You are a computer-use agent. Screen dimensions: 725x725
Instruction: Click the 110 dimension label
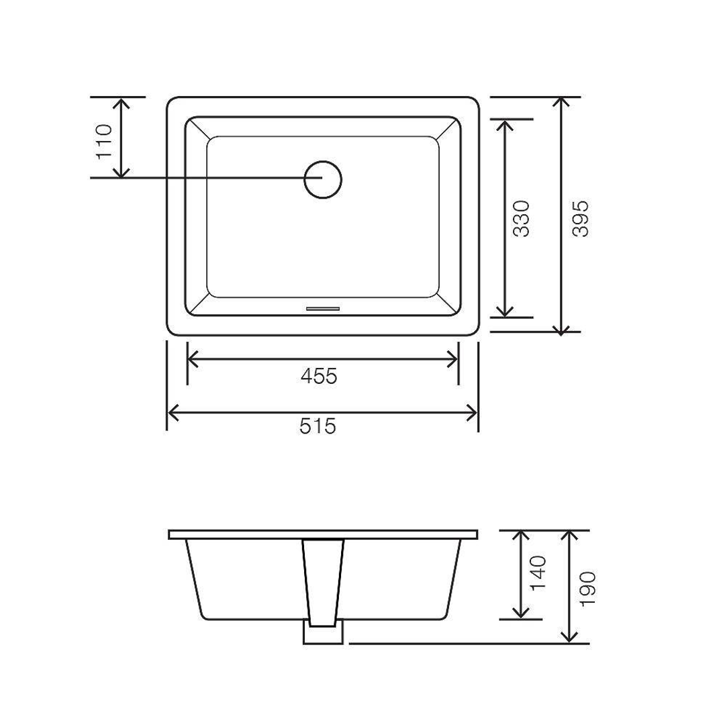coord(104,140)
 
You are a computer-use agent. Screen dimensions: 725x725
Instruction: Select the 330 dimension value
coord(522,218)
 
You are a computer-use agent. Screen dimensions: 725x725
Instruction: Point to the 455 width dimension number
coord(318,377)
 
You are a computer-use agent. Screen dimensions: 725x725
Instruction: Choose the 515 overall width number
coord(318,426)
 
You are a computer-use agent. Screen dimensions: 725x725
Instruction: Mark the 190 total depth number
coord(587,589)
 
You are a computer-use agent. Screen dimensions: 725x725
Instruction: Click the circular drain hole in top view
coord(323,179)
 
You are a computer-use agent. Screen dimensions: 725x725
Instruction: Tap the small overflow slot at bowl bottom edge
coord(323,308)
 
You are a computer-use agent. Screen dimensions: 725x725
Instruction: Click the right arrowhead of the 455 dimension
coord(452,360)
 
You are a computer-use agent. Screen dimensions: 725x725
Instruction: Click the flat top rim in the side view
coord(403,534)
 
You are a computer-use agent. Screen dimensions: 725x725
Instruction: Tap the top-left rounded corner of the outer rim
coord(172,103)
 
